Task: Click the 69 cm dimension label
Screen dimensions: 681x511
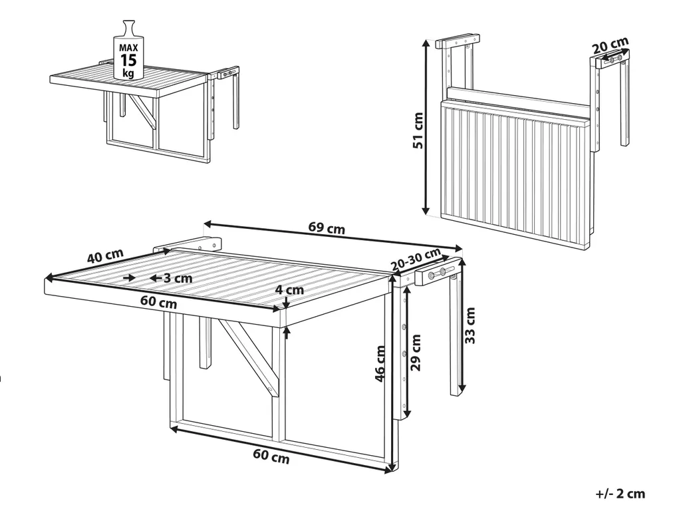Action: [327, 228]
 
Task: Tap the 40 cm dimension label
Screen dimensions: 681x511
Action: [105, 256]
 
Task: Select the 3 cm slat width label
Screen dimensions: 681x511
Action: [178, 278]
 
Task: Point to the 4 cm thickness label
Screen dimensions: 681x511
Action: [291, 289]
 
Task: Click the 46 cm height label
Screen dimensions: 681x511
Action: [380, 364]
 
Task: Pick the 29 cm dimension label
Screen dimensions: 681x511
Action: [416, 353]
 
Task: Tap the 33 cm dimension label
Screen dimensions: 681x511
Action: [470, 325]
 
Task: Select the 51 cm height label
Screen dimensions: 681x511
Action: [418, 130]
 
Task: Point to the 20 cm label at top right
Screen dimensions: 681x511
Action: [611, 45]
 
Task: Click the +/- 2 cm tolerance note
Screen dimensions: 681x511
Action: [620, 494]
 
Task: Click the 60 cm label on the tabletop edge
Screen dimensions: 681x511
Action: [158, 302]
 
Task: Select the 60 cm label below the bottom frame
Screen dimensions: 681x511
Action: [271, 456]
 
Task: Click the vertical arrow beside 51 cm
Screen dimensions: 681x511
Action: [426, 127]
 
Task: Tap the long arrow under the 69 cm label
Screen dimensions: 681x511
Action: [333, 236]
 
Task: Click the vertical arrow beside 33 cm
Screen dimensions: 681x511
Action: [462, 325]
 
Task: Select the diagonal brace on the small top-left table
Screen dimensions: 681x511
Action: [144, 112]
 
